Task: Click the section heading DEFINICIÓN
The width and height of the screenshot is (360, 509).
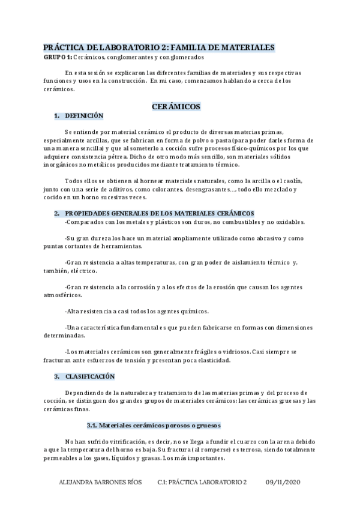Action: [84, 116]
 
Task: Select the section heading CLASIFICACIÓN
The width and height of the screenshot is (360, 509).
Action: [89, 376]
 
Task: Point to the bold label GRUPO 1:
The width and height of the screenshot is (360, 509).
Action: [58, 57]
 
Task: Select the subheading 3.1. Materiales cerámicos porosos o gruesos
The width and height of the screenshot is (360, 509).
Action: [154, 425]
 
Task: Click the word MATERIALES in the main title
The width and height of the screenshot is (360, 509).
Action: [247, 47]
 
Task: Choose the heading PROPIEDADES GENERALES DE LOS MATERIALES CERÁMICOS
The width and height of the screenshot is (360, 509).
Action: [160, 213]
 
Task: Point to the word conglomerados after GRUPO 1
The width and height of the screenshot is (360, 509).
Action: [179, 57]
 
